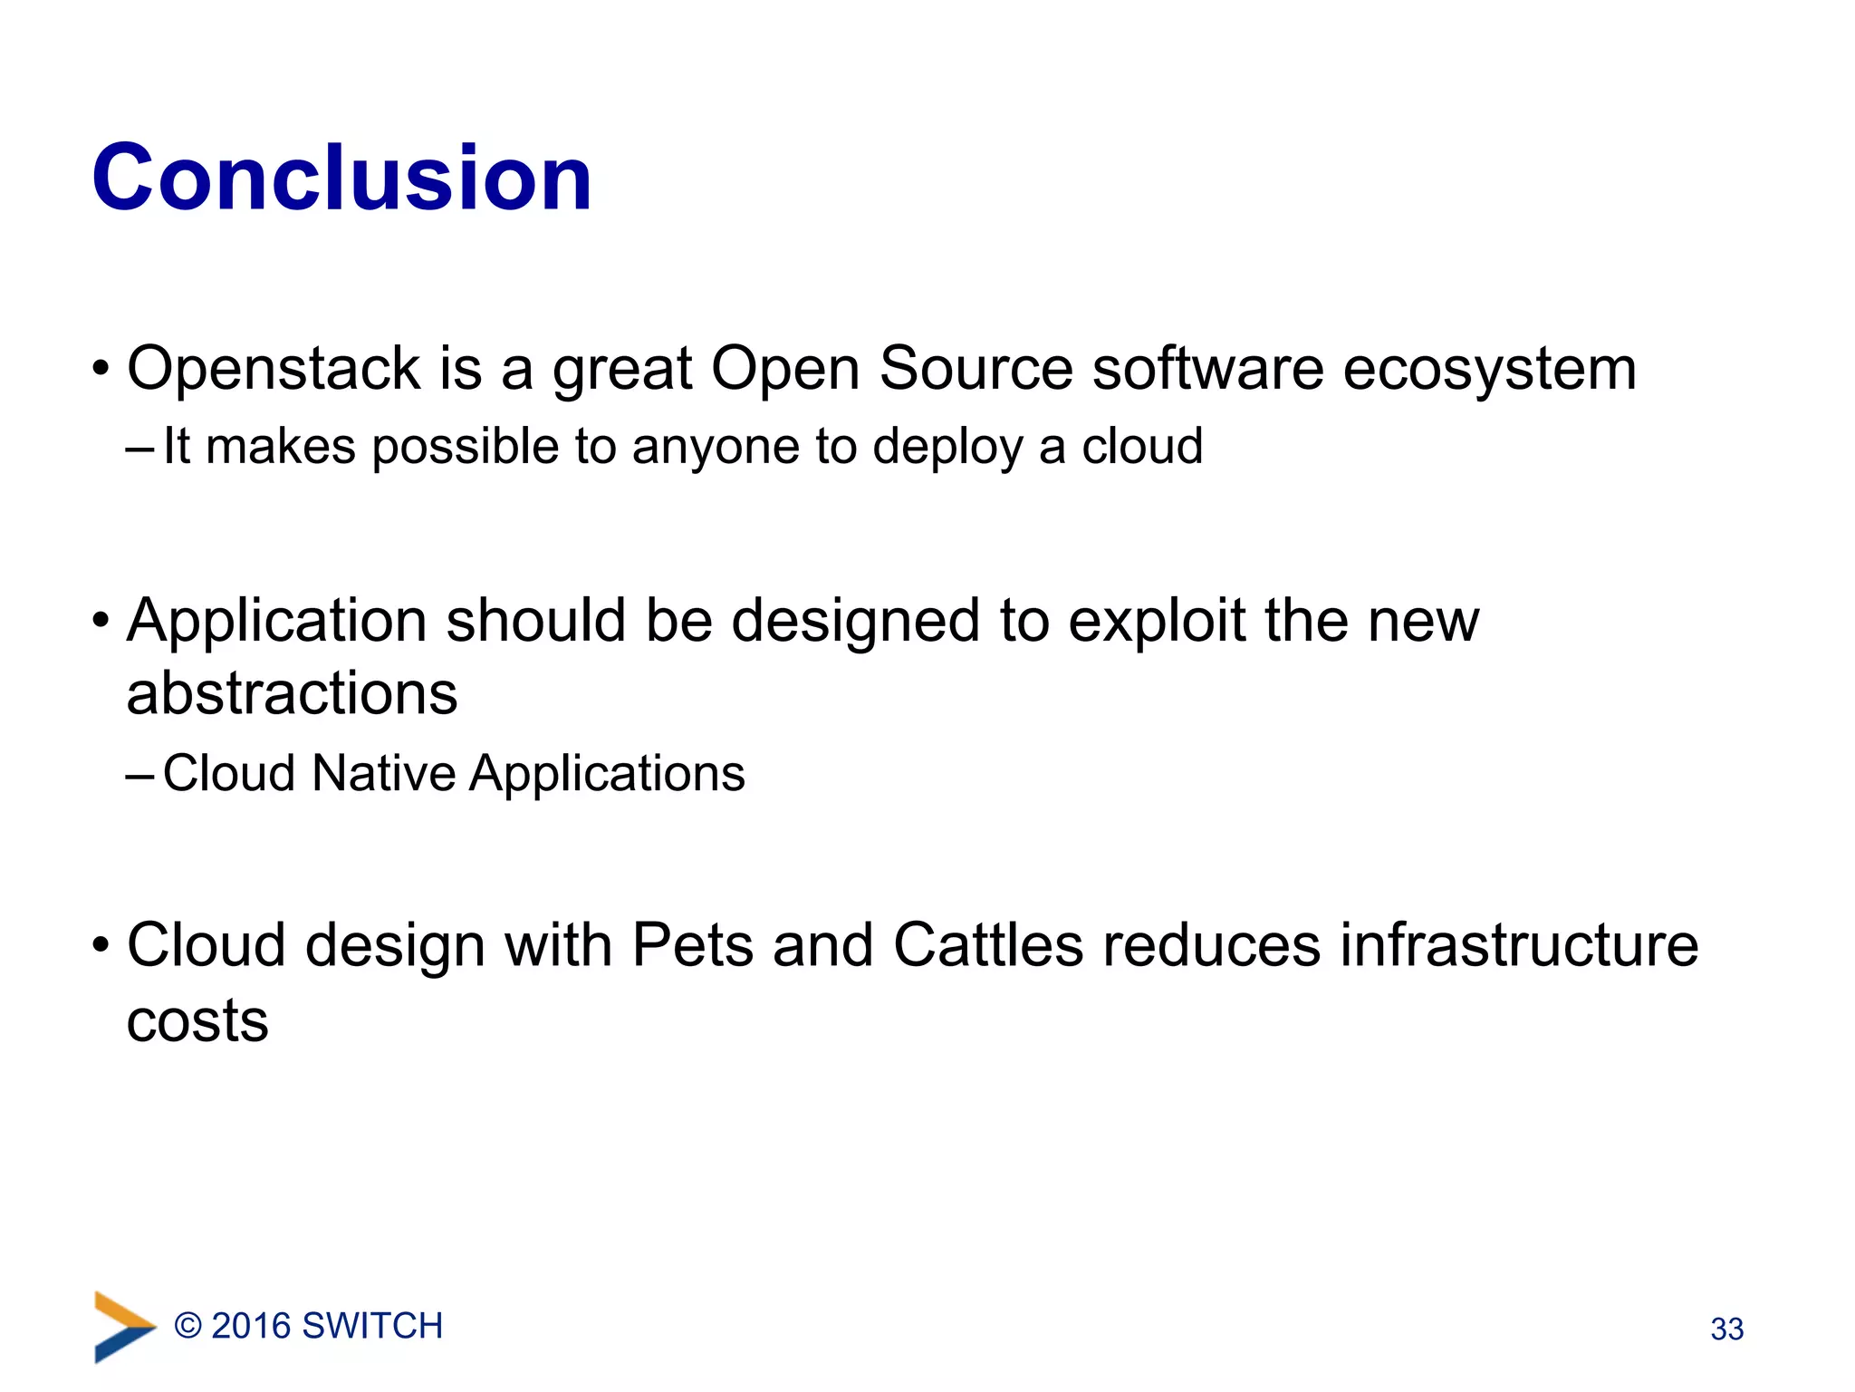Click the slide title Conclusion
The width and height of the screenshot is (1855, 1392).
pyautogui.click(x=341, y=178)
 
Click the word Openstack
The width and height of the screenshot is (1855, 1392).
pyautogui.click(x=273, y=369)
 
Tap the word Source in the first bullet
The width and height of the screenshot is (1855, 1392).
pyautogui.click(x=976, y=369)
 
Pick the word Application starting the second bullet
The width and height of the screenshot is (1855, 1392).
pyautogui.click(x=276, y=623)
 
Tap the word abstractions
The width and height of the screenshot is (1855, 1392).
pyautogui.click(x=292, y=694)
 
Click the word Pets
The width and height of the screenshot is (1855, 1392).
pyautogui.click(x=692, y=946)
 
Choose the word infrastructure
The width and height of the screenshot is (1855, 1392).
pyautogui.click(x=1519, y=946)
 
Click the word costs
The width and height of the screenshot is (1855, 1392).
pyautogui.click(x=197, y=1021)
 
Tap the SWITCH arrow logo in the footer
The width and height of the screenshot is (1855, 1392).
pyautogui.click(x=123, y=1327)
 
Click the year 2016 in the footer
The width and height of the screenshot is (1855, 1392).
pyautogui.click(x=250, y=1327)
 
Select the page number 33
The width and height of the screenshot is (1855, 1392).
pyautogui.click(x=1726, y=1329)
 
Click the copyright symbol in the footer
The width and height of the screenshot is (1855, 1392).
pyautogui.click(x=187, y=1327)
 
